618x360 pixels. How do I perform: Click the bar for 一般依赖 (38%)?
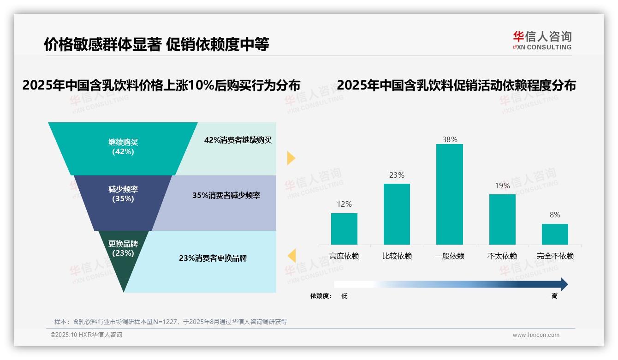pos(449,194)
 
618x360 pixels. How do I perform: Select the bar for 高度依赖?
pos(344,228)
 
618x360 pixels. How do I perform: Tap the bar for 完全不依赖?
pos(555,234)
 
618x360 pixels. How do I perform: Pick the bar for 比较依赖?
pos(397,214)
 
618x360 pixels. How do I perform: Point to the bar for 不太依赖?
pos(502,219)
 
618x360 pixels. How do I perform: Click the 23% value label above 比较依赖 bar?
pos(397,175)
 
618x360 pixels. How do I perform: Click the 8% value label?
pos(555,215)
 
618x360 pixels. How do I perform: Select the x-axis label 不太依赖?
pos(502,256)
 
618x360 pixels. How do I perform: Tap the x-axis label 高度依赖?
pos(344,256)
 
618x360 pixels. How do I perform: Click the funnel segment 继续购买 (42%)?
pos(123,147)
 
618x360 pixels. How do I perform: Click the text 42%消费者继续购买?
pos(238,140)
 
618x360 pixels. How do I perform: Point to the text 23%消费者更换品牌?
pos(213,258)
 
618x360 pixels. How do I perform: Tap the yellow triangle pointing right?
pos(291,158)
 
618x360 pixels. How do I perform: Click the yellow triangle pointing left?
pos(292,255)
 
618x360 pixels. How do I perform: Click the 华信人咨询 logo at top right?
pos(542,40)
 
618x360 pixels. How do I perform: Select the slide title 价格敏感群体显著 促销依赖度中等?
pos(156,44)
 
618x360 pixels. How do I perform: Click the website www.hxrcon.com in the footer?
pos(536,335)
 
